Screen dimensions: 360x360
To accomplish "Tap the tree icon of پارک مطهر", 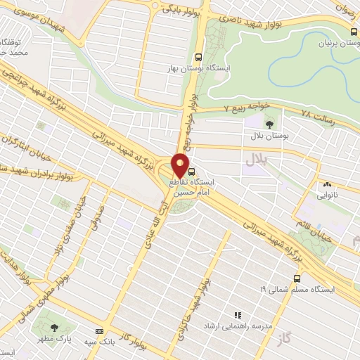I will pyautogui.click(x=56, y=328).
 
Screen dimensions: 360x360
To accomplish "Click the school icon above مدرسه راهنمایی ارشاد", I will pyautogui.click(x=238, y=315).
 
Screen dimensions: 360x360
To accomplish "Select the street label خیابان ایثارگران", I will pyautogui.click(x=20, y=142).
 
